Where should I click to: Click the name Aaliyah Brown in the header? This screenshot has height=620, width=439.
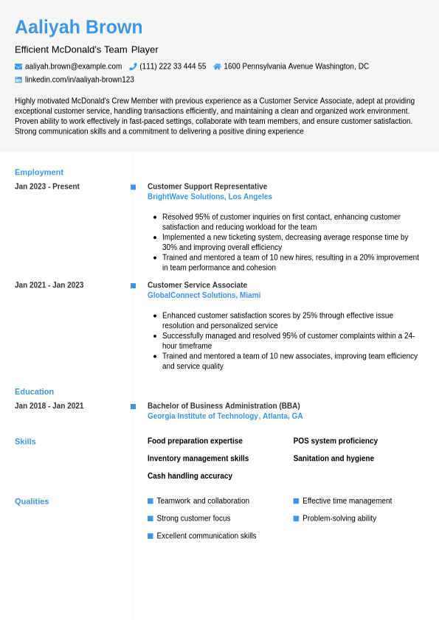(x=78, y=27)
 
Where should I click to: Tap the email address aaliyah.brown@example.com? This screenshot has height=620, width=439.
(x=73, y=66)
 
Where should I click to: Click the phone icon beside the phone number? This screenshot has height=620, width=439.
(x=133, y=66)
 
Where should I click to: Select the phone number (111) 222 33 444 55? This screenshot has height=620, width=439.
(x=173, y=66)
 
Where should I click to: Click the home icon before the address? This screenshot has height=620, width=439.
(x=217, y=66)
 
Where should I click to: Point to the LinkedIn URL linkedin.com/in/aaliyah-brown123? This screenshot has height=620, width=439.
(x=79, y=80)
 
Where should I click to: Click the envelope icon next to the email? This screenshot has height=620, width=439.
(x=18, y=66)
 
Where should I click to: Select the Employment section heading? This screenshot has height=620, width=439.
(x=39, y=173)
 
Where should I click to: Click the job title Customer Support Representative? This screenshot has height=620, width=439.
(x=207, y=187)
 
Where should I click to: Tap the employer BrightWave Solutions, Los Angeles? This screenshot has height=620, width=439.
(x=210, y=197)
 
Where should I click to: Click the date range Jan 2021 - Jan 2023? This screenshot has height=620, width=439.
(x=49, y=285)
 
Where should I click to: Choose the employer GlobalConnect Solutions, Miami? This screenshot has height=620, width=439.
(x=204, y=296)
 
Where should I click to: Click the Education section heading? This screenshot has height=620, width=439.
(x=34, y=391)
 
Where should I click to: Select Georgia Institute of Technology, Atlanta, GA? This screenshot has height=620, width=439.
(x=225, y=417)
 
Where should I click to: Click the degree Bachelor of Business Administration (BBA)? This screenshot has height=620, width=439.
(x=224, y=406)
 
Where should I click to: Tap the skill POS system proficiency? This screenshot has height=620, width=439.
(x=335, y=441)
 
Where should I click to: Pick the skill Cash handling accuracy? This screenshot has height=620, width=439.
(x=190, y=476)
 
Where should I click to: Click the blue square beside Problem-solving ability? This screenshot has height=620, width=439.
(x=296, y=518)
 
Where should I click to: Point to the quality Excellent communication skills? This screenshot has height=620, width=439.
(x=206, y=536)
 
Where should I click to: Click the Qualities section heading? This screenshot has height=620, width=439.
(x=32, y=501)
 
